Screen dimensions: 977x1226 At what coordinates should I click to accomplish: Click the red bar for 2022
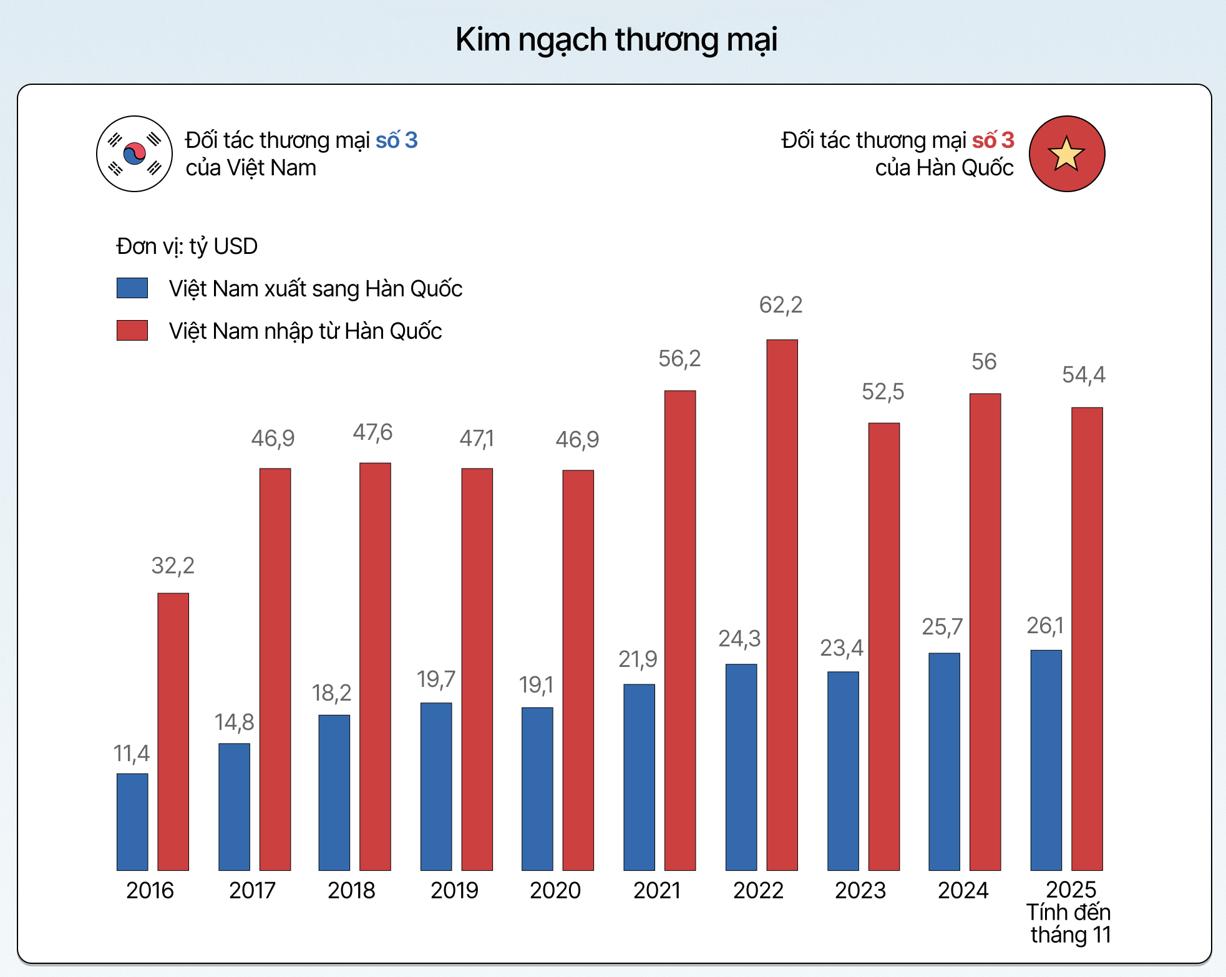click(782, 605)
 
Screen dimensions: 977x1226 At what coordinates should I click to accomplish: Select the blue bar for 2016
click(132, 822)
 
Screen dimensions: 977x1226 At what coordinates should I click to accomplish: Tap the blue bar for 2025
click(1046, 760)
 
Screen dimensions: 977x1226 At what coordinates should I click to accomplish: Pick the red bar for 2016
click(173, 731)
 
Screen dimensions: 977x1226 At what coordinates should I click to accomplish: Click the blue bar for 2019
click(436, 786)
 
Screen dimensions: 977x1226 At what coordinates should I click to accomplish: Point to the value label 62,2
click(781, 305)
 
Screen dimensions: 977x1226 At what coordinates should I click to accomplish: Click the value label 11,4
click(132, 754)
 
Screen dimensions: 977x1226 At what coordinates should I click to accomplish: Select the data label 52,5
click(883, 392)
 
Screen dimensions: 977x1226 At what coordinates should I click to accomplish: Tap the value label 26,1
click(1045, 626)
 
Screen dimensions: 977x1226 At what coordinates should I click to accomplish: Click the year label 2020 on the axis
click(555, 890)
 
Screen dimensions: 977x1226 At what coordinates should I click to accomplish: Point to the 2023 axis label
click(860, 890)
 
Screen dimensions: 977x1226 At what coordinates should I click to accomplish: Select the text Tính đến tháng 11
click(1069, 924)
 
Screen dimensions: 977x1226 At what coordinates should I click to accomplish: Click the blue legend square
click(132, 288)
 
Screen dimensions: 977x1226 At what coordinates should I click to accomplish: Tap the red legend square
click(132, 331)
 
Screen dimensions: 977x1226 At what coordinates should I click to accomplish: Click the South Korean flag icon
click(134, 153)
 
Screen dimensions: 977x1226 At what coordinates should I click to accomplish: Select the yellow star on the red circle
click(1066, 154)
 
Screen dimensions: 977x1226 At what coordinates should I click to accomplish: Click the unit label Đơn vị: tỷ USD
click(187, 246)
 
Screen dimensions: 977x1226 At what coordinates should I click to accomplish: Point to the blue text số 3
click(396, 140)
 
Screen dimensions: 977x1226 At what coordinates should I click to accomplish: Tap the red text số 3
click(993, 140)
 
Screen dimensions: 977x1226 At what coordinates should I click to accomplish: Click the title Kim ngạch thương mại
click(616, 40)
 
